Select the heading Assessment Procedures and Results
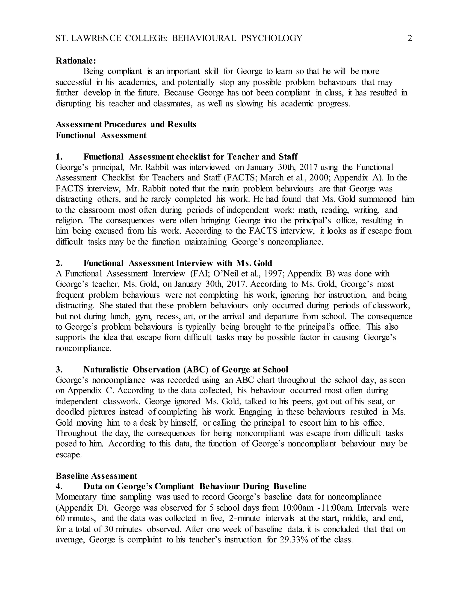pyautogui.click(x=126, y=124)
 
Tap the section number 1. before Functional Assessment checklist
pyautogui.click(x=59, y=156)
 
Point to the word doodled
pyautogui.click(x=70, y=412)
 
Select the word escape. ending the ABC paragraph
pyautogui.click(x=69, y=455)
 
